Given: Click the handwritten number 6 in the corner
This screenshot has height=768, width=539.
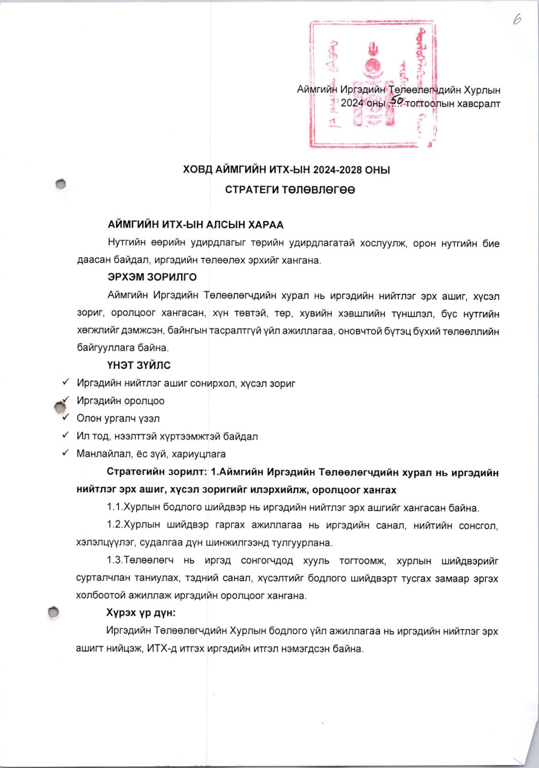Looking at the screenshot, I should [x=516, y=19].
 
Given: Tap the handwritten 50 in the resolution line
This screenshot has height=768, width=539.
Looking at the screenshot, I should [x=396, y=100].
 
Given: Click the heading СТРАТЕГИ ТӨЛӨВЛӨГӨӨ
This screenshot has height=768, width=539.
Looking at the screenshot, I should [x=290, y=190].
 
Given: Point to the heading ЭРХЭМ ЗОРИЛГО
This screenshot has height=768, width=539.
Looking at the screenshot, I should [x=152, y=277].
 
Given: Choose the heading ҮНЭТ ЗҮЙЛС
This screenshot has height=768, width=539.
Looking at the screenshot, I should [x=139, y=365].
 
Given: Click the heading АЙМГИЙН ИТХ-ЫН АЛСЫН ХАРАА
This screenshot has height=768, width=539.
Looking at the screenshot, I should [x=195, y=225].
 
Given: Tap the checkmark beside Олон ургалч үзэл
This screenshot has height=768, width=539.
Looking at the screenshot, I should [x=66, y=418].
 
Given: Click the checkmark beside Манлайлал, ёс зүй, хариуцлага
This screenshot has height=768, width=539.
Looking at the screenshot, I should [x=66, y=453].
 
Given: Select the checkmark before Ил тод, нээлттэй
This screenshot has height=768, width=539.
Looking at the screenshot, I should [x=66, y=435].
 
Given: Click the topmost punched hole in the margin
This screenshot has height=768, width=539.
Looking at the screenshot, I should [x=60, y=183].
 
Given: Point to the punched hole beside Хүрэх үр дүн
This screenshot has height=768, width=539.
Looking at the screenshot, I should [x=53, y=612].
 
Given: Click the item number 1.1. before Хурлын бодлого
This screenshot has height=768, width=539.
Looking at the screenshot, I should [x=115, y=508].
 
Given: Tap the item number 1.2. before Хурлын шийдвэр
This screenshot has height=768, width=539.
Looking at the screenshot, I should [x=115, y=525].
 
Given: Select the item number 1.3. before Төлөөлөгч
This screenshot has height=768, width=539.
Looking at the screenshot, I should [x=115, y=561].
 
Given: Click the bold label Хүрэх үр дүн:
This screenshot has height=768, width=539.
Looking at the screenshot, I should [x=141, y=613].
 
